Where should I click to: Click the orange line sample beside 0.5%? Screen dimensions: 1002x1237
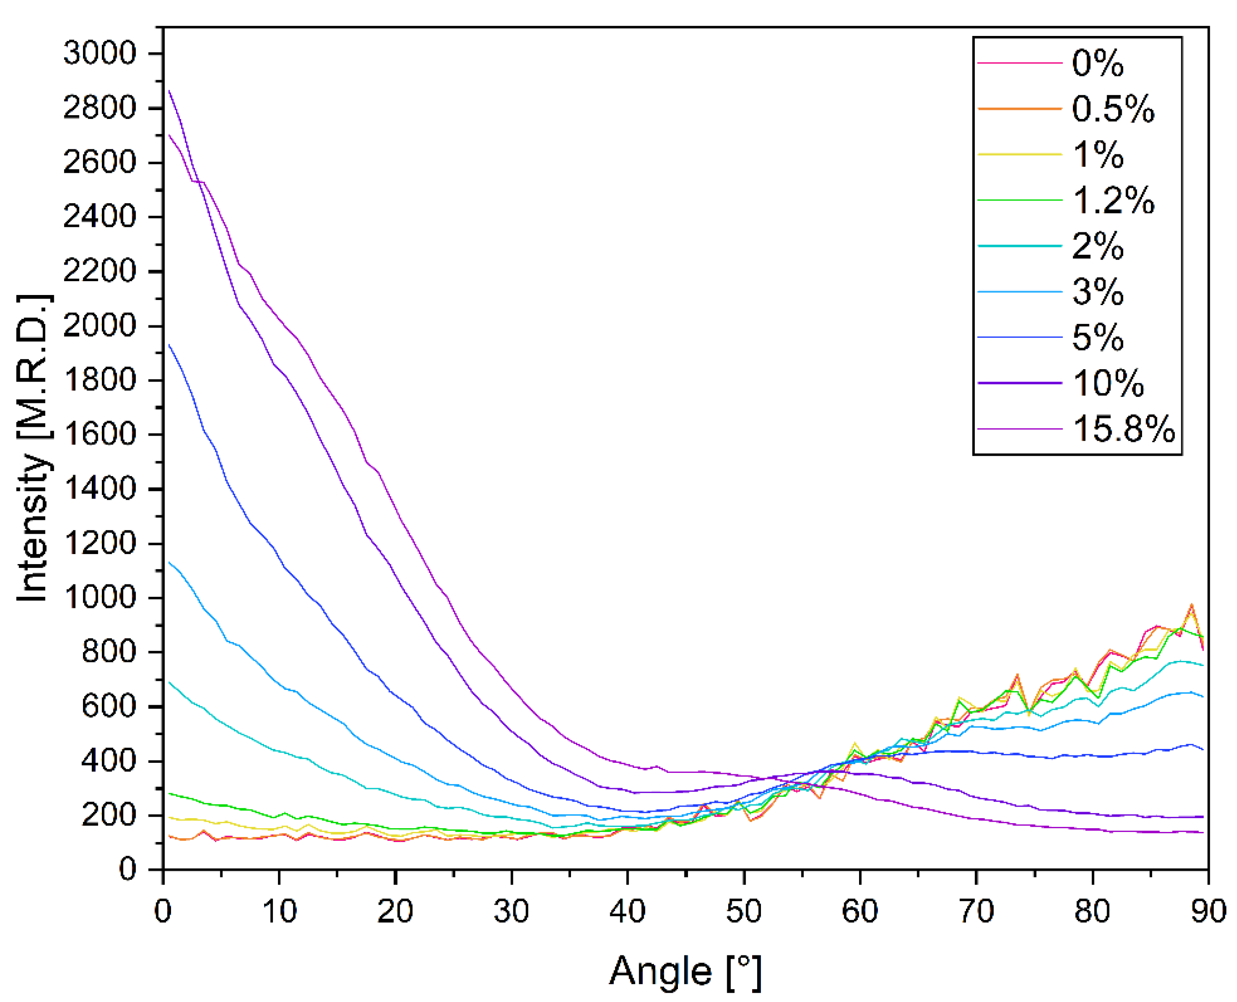[x=1019, y=108]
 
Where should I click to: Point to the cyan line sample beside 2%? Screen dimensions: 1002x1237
[x=1019, y=246]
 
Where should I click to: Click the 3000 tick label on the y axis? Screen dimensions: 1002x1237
[x=99, y=53]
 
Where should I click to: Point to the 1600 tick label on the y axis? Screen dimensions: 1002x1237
[x=99, y=434]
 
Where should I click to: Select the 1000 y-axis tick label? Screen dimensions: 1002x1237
[x=99, y=597]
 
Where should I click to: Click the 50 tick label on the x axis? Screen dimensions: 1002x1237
[x=743, y=911]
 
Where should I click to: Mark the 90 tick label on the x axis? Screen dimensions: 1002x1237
[x=1207, y=911]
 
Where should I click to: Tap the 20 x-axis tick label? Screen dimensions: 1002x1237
[x=395, y=911]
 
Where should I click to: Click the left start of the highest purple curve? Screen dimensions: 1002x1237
[x=169, y=91]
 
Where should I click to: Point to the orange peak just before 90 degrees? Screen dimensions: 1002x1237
[x=1191, y=605]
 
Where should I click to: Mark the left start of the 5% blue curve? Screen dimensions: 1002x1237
[x=169, y=345]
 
